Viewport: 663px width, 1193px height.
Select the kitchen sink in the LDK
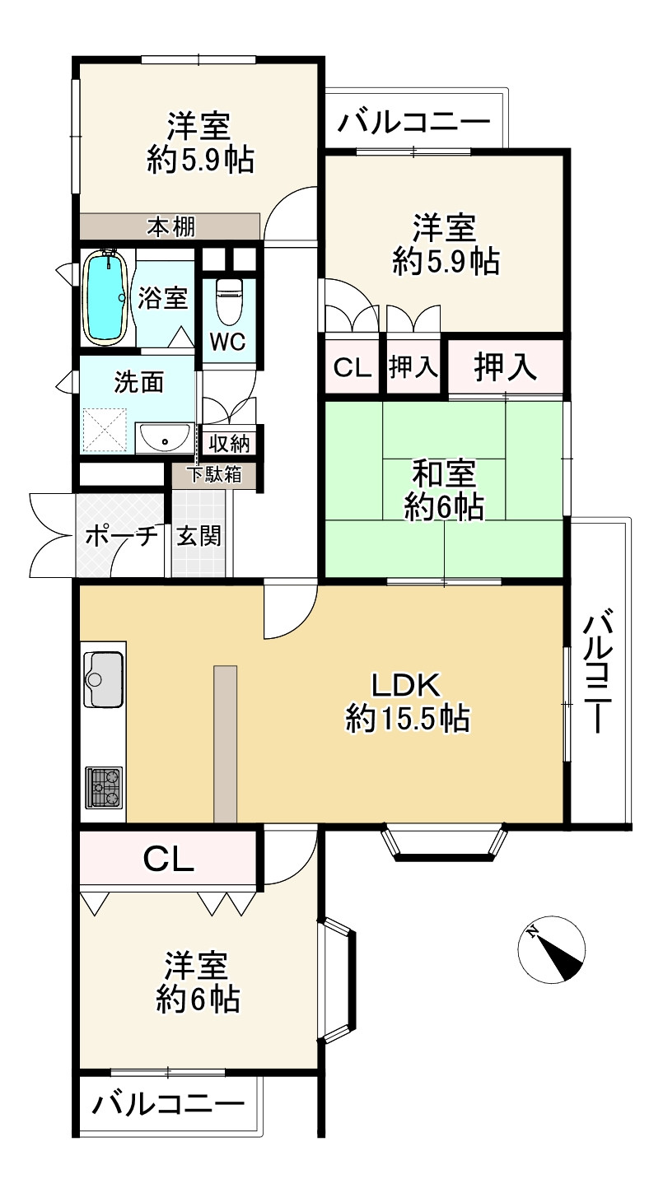(x=104, y=679)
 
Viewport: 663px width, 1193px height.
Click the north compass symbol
(x=551, y=949)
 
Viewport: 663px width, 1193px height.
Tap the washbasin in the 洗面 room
(x=164, y=438)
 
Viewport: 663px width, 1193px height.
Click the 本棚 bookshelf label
(x=171, y=227)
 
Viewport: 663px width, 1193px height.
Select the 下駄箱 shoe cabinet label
(x=216, y=474)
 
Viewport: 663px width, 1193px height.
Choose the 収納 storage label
(x=229, y=443)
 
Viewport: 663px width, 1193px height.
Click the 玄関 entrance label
(x=198, y=536)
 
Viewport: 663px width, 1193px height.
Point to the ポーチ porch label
(x=122, y=536)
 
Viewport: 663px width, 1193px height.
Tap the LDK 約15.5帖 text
(x=408, y=701)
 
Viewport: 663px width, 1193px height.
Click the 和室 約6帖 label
(x=444, y=490)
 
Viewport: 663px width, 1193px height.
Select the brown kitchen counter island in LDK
(x=226, y=743)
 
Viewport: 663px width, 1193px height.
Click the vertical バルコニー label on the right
(x=597, y=674)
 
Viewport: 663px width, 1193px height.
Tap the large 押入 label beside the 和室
(x=505, y=367)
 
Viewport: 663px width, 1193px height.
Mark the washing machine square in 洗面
(x=105, y=431)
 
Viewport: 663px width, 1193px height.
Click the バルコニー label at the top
(x=414, y=122)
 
